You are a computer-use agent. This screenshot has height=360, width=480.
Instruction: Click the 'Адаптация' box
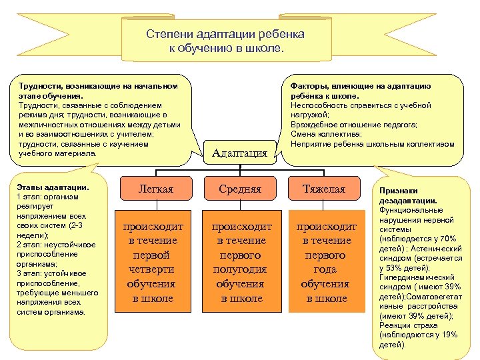coord(239,153)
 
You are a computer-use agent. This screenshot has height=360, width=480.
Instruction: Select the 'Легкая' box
coord(155,189)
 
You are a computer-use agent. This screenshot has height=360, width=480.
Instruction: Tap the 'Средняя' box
coord(240,189)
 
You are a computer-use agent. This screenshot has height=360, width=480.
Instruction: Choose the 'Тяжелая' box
coord(325,189)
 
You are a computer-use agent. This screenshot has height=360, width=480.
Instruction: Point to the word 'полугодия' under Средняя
coord(240,269)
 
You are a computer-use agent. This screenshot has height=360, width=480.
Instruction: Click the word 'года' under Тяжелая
coord(325,269)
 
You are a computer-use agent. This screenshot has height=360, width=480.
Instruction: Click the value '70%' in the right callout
coord(448,238)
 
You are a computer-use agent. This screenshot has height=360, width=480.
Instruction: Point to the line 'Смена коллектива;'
coord(323,134)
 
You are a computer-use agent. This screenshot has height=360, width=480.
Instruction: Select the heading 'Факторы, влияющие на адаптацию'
coord(360,86)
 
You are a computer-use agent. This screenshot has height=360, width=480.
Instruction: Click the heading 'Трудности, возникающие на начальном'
coord(98,86)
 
